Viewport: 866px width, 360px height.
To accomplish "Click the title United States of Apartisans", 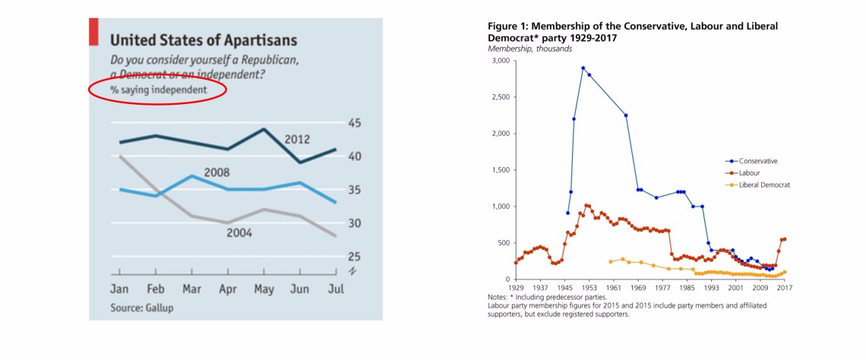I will (204, 40).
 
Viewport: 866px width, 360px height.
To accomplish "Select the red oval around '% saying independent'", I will (158, 90).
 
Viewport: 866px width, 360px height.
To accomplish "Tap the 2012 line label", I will (297, 139).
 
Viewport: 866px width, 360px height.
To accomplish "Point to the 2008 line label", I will (216, 172).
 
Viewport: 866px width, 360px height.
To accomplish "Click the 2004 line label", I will (239, 232).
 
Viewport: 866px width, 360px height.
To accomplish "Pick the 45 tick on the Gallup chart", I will (354, 123).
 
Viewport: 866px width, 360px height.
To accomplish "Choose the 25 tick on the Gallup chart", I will (354, 256).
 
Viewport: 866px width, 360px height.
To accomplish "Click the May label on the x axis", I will (264, 289).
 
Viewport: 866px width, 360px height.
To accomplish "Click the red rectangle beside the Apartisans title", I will (94, 33).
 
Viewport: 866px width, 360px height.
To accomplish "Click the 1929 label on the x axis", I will (516, 288).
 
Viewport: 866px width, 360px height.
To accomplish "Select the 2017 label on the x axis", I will (785, 288).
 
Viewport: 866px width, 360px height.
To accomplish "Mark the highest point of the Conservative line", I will (583, 68).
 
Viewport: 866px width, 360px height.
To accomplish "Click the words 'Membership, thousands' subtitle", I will (529, 49).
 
